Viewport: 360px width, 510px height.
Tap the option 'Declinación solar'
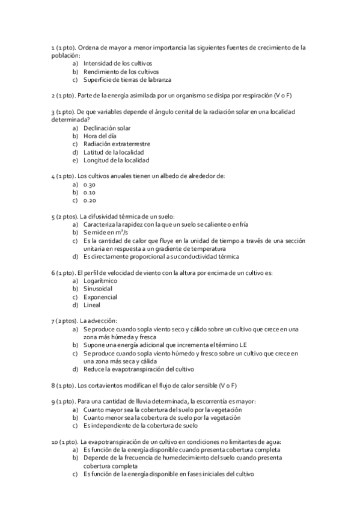coord(107,128)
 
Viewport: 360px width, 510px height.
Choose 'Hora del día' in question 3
coord(99,136)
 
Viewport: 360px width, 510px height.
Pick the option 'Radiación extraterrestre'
coord(117,144)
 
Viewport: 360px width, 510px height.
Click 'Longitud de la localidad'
coord(116,161)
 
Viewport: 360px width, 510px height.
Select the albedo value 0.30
coord(90,185)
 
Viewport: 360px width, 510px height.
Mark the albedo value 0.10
coord(90,192)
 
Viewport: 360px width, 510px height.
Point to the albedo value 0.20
coord(90,200)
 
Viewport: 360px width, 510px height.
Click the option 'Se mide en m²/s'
coord(106,232)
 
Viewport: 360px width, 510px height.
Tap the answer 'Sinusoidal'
coord(98,289)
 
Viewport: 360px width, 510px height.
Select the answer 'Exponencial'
coord(100,297)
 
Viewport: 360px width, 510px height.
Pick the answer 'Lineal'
coord(93,305)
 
